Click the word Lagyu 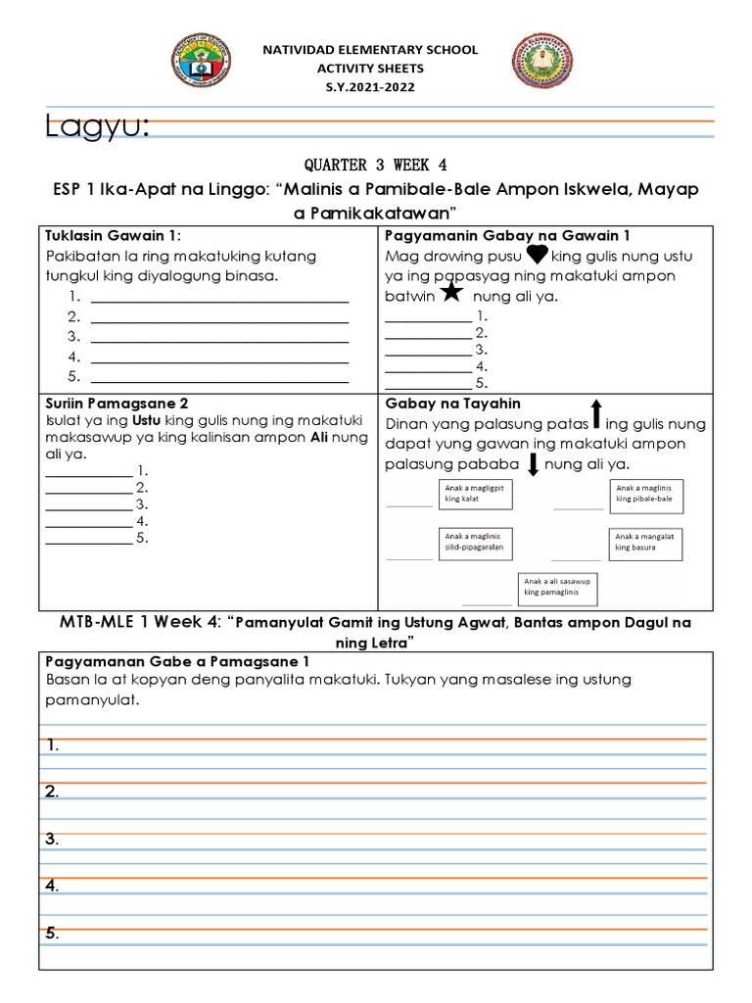(x=97, y=126)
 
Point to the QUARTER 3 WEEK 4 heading (x=376, y=164)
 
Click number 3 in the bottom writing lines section (x=52, y=838)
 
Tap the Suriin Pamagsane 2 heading (x=117, y=403)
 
